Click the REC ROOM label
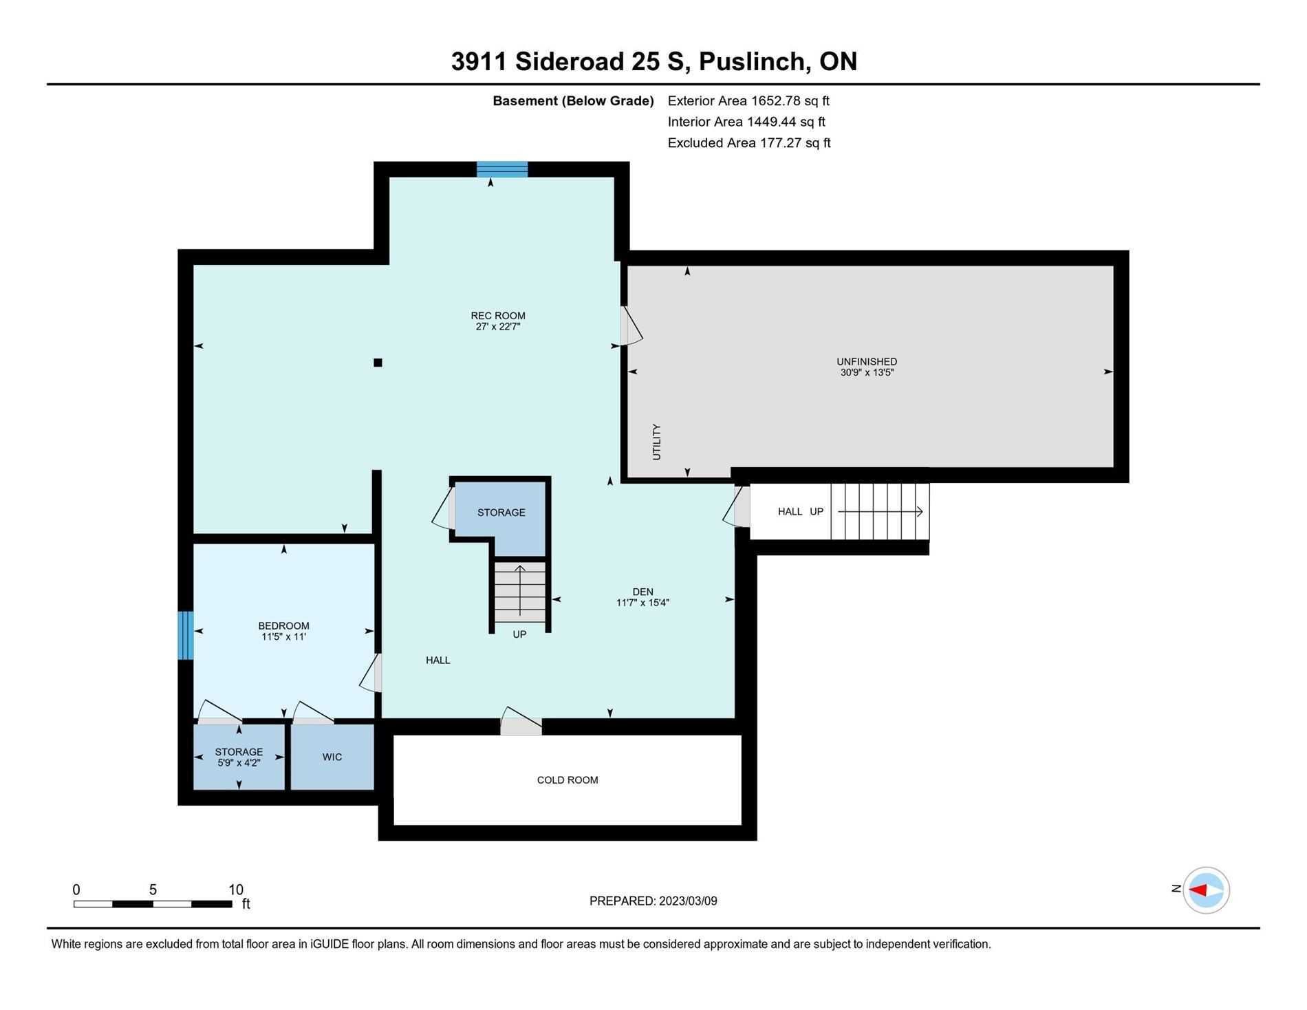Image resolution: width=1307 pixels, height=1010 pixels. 498,316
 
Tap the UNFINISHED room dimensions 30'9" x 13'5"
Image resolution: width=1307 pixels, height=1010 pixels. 867,373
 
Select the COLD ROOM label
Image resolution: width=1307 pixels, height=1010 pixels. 568,780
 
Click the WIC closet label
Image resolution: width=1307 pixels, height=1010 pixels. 332,757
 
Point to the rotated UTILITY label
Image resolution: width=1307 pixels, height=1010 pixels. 656,442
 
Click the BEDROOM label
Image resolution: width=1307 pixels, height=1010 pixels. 283,626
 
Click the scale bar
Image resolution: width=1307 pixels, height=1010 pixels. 153,903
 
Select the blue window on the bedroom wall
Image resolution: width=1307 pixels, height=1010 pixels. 186,635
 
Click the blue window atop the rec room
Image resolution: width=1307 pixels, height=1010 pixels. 502,169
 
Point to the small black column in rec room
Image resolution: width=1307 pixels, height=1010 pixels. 378,363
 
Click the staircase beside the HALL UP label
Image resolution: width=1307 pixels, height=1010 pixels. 880,512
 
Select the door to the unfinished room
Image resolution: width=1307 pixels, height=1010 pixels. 630,325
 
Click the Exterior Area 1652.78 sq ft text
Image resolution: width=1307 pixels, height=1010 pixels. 748,101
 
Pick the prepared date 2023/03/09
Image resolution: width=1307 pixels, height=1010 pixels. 688,901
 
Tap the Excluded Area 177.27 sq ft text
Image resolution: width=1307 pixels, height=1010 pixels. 749,143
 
